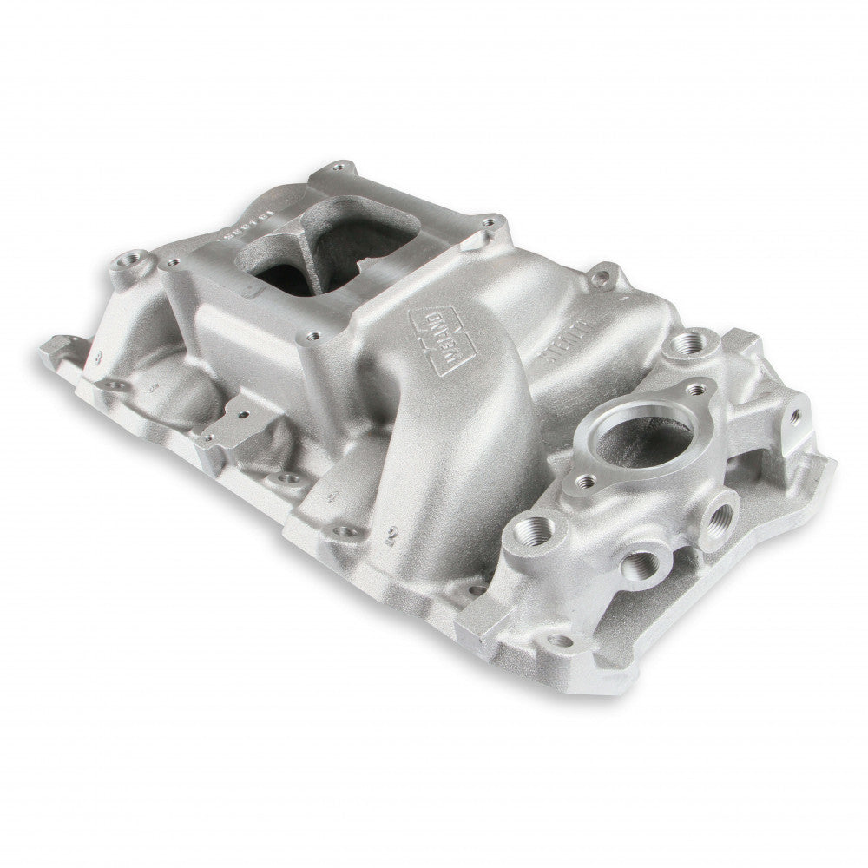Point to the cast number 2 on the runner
393,532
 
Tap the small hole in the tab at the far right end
794,418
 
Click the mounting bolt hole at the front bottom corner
560,641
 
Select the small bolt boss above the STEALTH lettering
601,278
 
